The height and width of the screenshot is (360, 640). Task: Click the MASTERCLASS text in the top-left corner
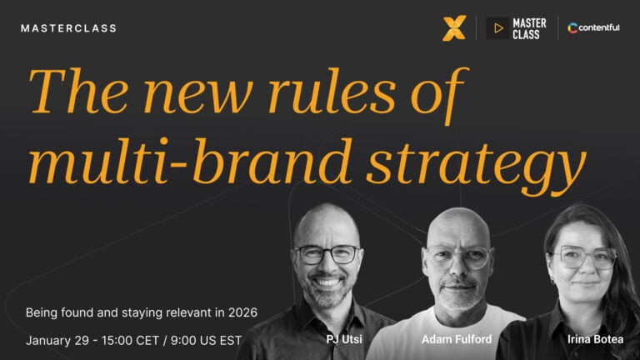coord(68,28)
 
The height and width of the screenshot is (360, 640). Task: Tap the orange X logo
coord(453,28)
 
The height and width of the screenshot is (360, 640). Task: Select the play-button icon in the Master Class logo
coord(498,28)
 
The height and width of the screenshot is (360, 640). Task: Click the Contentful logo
coord(593,28)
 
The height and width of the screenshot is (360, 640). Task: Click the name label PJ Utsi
coord(343,339)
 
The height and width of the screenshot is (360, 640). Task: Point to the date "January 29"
coord(61,340)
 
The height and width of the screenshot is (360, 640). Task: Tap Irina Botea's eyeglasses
coord(585,258)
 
